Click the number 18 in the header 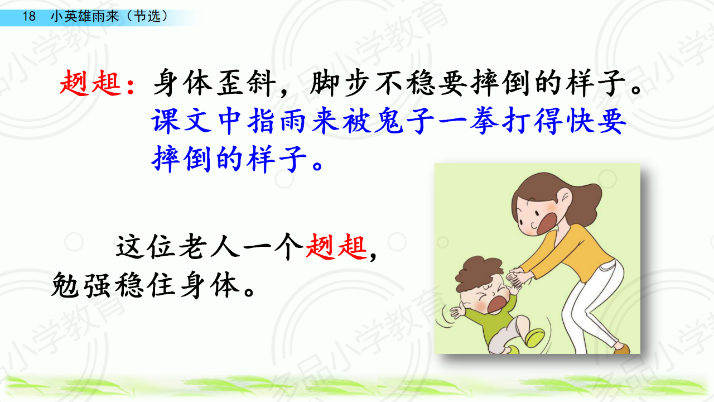(29, 16)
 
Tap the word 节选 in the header (147, 16)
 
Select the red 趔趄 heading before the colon (90, 83)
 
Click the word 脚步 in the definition (339, 83)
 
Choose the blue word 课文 (181, 121)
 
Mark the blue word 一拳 (468, 121)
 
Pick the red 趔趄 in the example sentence (336, 247)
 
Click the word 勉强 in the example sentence (81, 285)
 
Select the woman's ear (563, 196)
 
